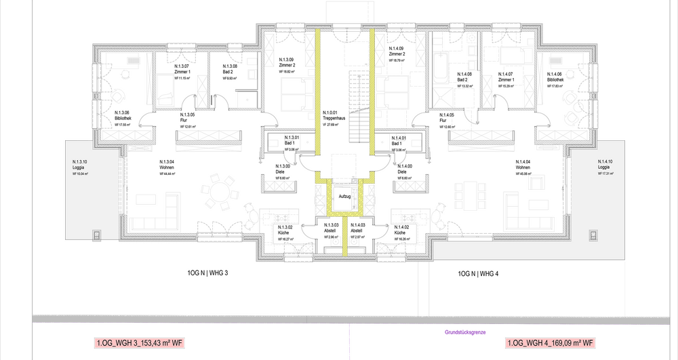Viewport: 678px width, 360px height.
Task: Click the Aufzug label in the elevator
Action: click(344, 197)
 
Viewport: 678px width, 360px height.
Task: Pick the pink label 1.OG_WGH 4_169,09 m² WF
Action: click(551, 343)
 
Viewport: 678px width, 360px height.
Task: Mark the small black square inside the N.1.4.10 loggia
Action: click(593, 236)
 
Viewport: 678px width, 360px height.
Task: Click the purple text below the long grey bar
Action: click(466, 332)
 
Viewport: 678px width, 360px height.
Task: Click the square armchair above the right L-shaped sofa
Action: click(536, 182)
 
